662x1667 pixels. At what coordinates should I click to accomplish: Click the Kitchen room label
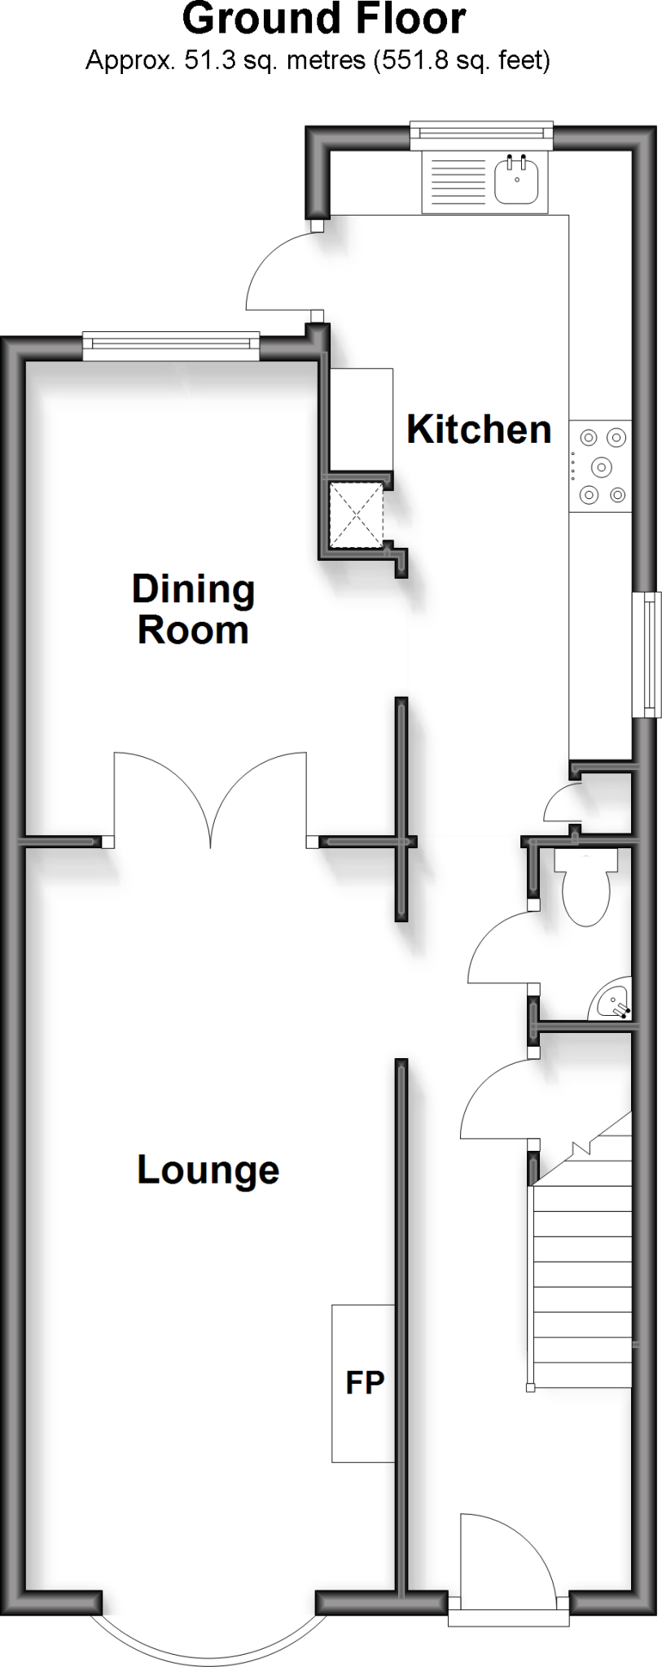click(x=479, y=429)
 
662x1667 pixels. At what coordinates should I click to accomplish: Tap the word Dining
click(x=193, y=590)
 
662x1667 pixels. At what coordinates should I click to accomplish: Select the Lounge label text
click(x=208, y=1170)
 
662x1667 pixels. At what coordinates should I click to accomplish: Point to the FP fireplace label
click(x=364, y=1381)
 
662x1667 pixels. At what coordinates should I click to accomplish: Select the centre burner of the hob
click(x=601, y=466)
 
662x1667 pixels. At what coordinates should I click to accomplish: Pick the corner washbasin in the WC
click(x=611, y=1000)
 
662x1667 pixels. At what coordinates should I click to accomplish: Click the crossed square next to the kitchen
click(x=354, y=514)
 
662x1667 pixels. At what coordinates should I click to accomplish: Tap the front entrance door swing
click(x=501, y=1555)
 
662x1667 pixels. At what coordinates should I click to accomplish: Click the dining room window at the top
click(x=171, y=346)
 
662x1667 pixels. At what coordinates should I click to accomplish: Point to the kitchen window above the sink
click(x=481, y=136)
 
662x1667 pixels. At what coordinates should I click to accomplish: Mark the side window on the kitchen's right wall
click(x=648, y=655)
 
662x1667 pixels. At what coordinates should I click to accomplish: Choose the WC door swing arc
click(x=497, y=948)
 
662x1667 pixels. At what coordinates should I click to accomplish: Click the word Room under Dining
click(x=193, y=631)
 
